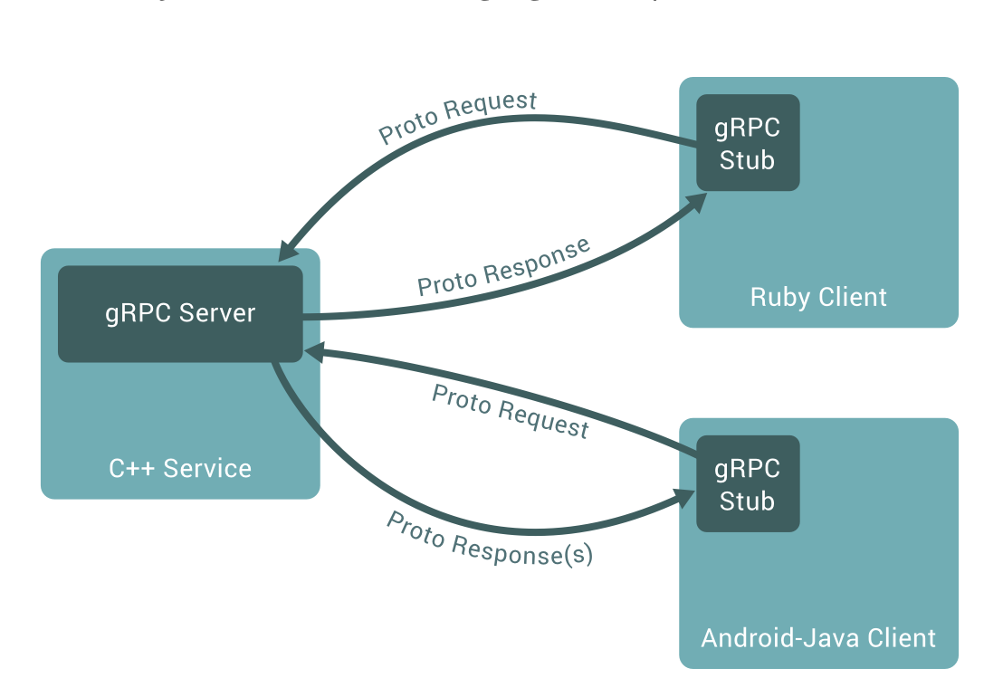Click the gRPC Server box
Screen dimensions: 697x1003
(180, 313)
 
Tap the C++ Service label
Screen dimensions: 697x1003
(180, 468)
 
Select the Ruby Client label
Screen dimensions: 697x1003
(818, 297)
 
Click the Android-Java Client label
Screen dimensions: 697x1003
(818, 637)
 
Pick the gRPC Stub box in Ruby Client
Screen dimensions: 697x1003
(748, 142)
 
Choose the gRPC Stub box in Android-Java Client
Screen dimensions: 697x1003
(748, 483)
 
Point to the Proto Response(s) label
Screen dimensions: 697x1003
(490, 539)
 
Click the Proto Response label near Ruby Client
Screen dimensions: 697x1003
(503, 267)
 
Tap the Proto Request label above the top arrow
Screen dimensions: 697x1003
(457, 118)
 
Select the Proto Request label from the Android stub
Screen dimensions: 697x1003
(511, 411)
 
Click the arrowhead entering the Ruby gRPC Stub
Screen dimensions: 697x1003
(698, 201)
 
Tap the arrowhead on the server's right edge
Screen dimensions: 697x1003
(311, 350)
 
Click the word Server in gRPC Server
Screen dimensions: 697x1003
(217, 313)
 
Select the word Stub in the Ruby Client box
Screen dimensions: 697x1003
(748, 160)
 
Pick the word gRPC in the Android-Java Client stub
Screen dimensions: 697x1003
(748, 468)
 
